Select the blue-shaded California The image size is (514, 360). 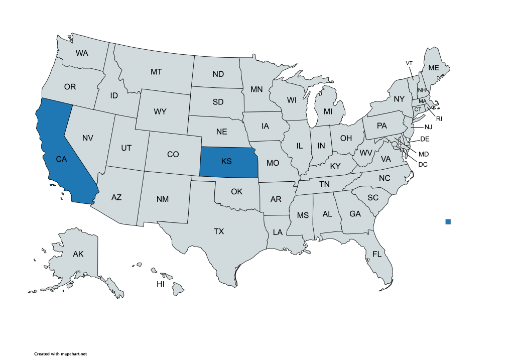click(x=61, y=159)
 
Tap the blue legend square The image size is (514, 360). click(x=448, y=221)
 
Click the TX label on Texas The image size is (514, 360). click(x=219, y=231)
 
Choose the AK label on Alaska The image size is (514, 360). click(x=78, y=254)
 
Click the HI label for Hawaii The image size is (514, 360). click(x=161, y=284)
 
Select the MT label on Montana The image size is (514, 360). click(x=156, y=72)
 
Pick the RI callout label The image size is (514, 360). click(x=439, y=118)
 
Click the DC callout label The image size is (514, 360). click(x=423, y=164)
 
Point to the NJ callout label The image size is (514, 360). click(x=427, y=127)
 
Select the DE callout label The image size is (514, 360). click(x=424, y=139)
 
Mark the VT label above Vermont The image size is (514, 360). click(x=409, y=63)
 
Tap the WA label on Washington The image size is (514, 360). click(x=82, y=53)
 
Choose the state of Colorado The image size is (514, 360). click(x=173, y=154)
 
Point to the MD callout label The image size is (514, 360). click(x=424, y=154)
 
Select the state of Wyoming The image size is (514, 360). click(x=160, y=111)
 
